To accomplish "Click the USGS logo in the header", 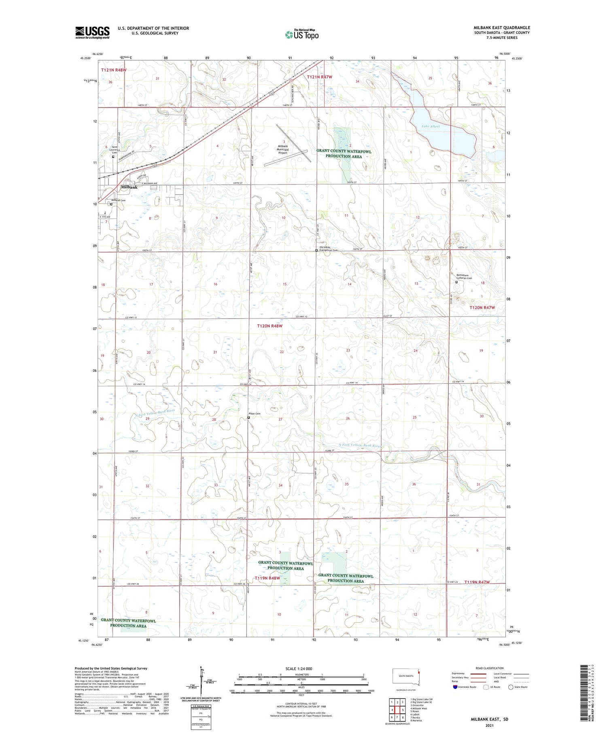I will (x=92, y=32).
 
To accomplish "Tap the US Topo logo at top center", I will (x=302, y=35).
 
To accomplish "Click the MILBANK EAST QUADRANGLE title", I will (x=501, y=28).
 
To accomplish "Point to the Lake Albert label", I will (x=430, y=126).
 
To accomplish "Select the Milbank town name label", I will (x=129, y=187).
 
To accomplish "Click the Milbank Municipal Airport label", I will (x=282, y=149).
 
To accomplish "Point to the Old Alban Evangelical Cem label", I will (x=328, y=249).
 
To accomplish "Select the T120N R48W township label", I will (x=270, y=326).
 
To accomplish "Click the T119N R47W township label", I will (x=477, y=582).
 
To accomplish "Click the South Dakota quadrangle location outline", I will (x=406, y=677).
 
